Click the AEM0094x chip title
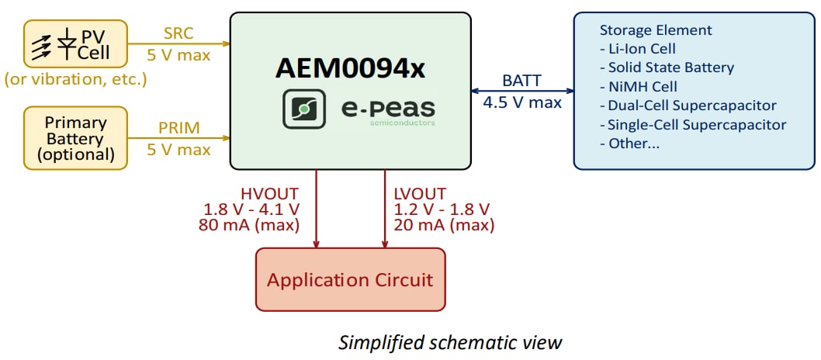coord(350,69)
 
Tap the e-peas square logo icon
coord(304,110)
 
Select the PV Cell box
coord(76,44)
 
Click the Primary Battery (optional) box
coord(75,138)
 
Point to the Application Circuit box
coord(350,279)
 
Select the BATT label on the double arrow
coord(521,81)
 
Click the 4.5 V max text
coord(522,101)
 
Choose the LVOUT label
coord(421,192)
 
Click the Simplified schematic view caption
coord(449,342)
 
